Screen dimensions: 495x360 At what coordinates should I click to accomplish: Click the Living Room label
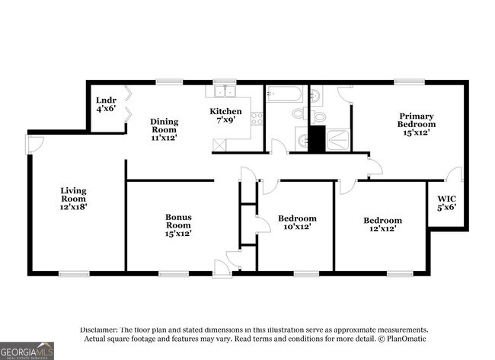click(73, 195)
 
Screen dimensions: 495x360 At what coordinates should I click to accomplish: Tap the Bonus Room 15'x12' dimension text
click(178, 234)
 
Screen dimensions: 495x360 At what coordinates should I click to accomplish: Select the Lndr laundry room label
click(106, 100)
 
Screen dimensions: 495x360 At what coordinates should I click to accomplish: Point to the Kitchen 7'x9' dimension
click(225, 120)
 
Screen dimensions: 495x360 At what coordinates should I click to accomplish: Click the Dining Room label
click(164, 126)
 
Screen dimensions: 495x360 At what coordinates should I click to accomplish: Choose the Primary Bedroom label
click(417, 120)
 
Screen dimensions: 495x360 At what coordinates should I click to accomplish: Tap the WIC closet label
click(447, 199)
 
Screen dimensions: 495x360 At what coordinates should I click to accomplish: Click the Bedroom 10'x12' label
click(297, 222)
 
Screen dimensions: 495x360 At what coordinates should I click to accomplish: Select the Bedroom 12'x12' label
click(382, 225)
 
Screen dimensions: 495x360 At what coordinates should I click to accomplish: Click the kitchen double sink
click(225, 91)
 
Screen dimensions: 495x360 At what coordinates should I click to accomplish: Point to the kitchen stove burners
click(257, 119)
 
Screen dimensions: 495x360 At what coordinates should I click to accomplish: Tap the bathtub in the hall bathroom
click(285, 94)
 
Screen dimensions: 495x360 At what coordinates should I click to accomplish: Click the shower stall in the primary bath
click(337, 140)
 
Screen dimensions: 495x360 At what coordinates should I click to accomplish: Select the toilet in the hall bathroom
click(299, 113)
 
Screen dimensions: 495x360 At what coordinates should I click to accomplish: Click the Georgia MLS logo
click(27, 351)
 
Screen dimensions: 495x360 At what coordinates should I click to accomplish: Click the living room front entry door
click(34, 145)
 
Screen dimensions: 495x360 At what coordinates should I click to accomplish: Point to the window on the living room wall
click(74, 273)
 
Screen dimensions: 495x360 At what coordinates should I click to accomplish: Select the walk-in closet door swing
click(455, 174)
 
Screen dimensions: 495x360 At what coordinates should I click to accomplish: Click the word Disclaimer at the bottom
click(99, 330)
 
